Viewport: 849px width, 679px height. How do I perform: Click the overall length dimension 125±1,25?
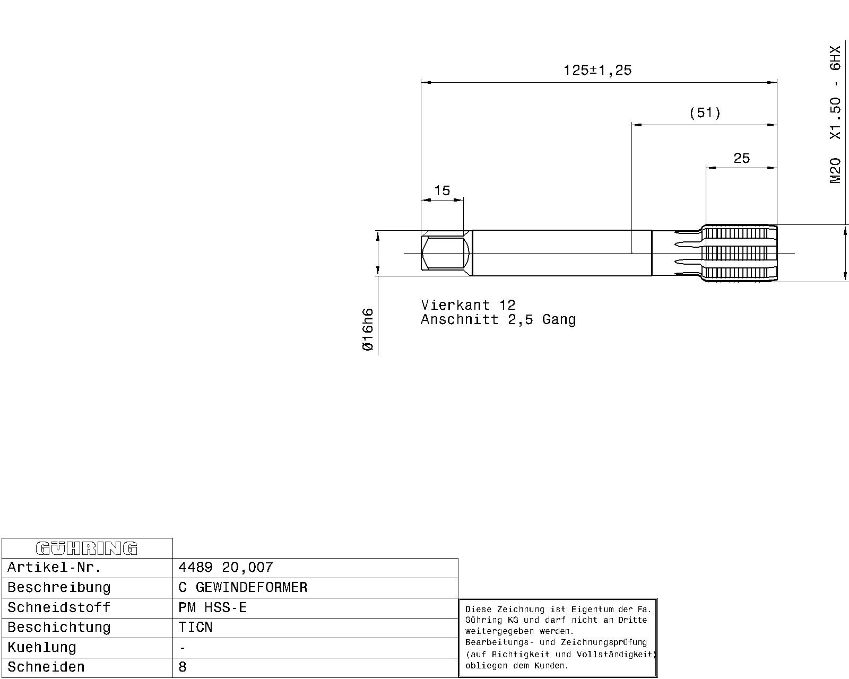point(597,70)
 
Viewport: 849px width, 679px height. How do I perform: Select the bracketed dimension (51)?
point(705,113)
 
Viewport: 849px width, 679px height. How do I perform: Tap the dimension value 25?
point(741,158)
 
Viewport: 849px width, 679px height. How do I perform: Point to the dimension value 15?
point(442,190)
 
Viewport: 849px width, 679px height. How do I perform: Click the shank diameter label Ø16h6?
point(367,329)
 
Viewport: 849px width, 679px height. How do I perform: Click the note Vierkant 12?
point(468,305)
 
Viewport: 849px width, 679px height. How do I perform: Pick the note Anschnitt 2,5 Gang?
point(498,319)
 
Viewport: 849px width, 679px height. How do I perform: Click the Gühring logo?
point(86,549)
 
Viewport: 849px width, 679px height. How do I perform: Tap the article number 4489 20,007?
point(226,568)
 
